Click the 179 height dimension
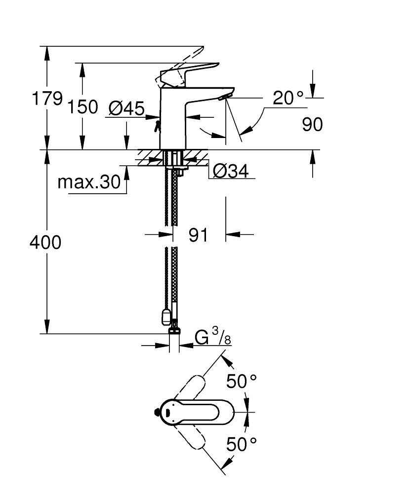(47, 99)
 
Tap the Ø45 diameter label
(125, 107)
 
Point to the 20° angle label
(288, 98)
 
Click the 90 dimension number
(312, 125)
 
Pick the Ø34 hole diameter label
(230, 171)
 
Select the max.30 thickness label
(89, 182)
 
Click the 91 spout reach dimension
(198, 235)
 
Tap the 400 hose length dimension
(46, 242)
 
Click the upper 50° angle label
(242, 381)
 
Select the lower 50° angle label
(242, 444)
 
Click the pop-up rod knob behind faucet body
(157, 126)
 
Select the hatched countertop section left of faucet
(148, 158)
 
